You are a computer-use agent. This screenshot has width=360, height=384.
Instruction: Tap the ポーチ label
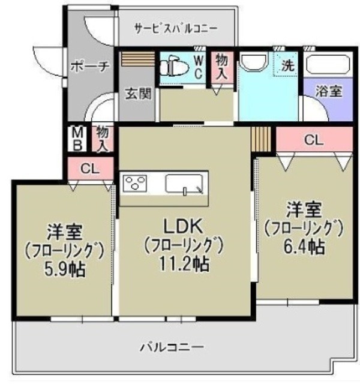pyautogui.click(x=90, y=67)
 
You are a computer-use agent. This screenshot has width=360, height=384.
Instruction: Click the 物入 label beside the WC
pyautogui.click(x=222, y=65)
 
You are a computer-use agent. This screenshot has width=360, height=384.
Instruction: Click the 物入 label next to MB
pyautogui.click(x=101, y=139)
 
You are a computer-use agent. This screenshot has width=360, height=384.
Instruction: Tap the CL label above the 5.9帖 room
pyautogui.click(x=89, y=169)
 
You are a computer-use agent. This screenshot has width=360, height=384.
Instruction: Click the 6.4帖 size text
pyautogui.click(x=304, y=247)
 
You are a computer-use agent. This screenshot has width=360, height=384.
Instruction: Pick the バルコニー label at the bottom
pyautogui.click(x=172, y=347)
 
